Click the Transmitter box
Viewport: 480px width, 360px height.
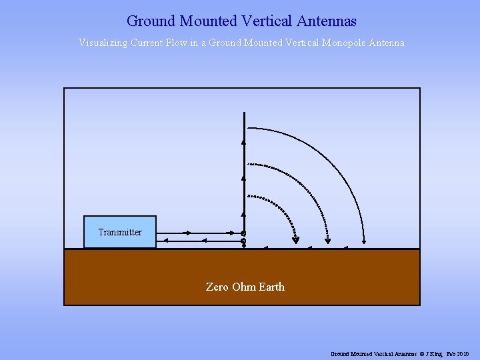(x=120, y=232)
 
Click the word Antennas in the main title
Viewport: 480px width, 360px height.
(x=328, y=21)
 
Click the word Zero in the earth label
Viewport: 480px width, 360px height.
(x=217, y=287)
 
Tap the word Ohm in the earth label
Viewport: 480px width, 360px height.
(x=243, y=287)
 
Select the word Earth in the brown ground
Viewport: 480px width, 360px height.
(x=271, y=287)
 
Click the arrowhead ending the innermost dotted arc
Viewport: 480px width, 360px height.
(x=296, y=240)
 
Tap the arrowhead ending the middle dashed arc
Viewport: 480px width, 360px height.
(x=327, y=241)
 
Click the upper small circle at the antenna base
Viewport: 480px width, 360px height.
(x=243, y=233)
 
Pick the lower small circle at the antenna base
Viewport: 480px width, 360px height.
(x=243, y=241)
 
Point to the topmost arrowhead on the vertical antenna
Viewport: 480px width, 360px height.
(x=243, y=142)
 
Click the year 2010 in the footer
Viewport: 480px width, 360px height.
(x=463, y=353)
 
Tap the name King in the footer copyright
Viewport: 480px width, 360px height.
(x=440, y=353)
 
